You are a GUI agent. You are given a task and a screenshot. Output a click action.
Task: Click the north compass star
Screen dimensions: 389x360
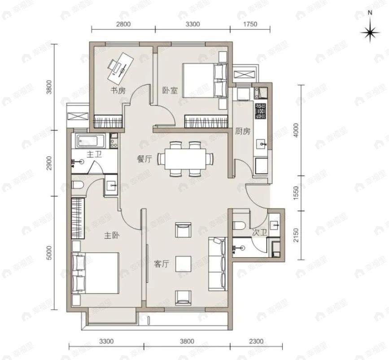370,32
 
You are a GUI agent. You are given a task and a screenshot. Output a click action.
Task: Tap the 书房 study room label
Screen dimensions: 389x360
118,91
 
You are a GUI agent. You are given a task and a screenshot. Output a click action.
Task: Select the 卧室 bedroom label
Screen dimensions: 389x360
170,91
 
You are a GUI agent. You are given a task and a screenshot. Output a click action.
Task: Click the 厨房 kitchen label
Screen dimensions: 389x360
243,131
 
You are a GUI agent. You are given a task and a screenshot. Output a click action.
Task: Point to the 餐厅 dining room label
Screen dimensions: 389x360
144,159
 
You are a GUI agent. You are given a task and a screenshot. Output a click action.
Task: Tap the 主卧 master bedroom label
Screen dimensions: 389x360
112,235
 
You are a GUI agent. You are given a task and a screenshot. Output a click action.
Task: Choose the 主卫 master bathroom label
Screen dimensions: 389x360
94,155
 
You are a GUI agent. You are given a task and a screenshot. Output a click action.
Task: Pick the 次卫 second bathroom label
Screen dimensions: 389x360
259,233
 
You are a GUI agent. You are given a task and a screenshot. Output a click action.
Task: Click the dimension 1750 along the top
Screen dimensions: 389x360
250,24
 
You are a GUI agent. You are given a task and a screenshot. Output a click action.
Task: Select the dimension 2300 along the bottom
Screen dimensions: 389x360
256,342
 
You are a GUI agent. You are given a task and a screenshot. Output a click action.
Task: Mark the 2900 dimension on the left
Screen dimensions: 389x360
50,163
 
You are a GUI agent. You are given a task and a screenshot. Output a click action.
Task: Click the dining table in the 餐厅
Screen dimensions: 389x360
185,159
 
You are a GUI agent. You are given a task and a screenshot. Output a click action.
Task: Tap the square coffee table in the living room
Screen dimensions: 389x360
184,264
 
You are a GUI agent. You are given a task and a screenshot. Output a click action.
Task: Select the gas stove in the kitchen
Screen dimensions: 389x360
261,111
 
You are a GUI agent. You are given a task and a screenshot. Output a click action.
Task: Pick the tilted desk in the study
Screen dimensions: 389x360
121,68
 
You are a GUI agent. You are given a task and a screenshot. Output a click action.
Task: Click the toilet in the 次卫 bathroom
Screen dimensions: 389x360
239,226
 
